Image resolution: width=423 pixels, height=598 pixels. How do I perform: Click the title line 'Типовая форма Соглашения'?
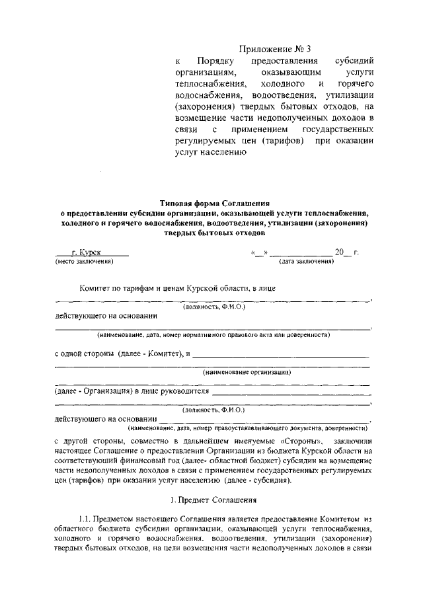pos(211,204)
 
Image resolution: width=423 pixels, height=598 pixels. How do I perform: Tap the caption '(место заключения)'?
pos(85,262)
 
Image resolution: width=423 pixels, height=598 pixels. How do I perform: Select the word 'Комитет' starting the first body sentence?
pos(99,289)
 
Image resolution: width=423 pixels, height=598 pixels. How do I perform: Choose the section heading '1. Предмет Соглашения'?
pos(211,504)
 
